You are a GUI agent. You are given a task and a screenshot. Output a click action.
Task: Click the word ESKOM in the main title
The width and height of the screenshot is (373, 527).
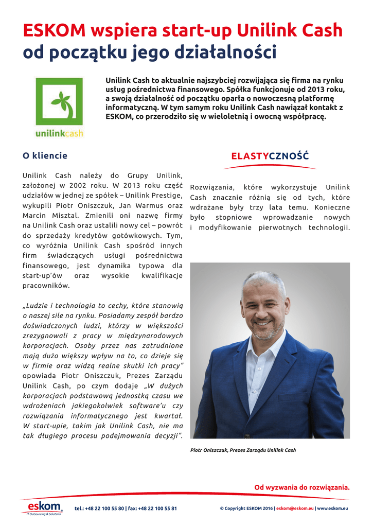pos(54,31)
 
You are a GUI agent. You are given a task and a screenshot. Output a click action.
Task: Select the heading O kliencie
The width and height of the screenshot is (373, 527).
pos(45,155)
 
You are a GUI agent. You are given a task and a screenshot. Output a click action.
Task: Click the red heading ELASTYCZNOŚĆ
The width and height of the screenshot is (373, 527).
pos(270,156)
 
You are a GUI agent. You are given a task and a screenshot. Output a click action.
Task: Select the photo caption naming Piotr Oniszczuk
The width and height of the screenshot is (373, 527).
pos(243,450)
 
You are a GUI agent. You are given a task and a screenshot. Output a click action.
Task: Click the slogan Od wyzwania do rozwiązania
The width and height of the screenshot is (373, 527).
pos(301,487)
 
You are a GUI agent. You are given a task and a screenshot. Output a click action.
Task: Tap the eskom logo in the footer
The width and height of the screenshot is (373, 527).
pos(45,507)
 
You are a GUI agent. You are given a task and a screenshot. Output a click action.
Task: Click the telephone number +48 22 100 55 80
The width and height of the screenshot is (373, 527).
pos(105,508)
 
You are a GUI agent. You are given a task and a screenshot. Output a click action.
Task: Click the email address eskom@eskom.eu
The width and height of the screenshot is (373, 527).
pos(295,508)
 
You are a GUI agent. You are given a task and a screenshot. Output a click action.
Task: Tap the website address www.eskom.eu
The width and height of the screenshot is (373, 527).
pos(333,508)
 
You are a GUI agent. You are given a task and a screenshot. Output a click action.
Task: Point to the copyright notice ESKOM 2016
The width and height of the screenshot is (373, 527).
pos(246,508)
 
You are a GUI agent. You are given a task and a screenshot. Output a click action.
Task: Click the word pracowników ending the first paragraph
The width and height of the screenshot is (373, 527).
pos(46,285)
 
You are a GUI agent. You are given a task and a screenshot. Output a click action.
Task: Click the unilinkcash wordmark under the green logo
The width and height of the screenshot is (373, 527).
pos(59,134)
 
